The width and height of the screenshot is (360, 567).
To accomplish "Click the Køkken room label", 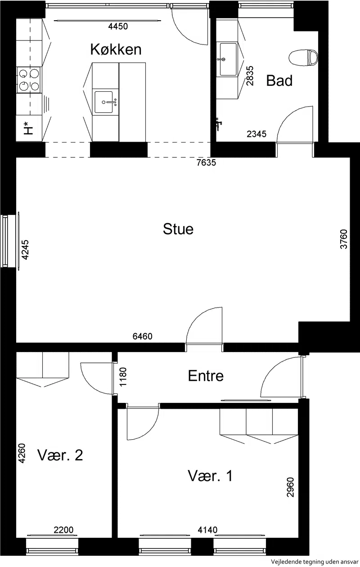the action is click(x=116, y=49).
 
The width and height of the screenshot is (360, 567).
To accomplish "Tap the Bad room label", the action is click(x=279, y=80).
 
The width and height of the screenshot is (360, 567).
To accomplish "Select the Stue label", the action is click(x=178, y=229).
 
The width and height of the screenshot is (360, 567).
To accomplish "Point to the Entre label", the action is click(x=206, y=376).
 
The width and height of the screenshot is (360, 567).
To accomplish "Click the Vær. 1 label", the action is click(x=210, y=476).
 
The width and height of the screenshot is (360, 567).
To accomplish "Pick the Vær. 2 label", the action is click(x=60, y=455).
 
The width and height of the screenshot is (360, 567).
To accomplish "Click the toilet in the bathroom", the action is click(x=303, y=58).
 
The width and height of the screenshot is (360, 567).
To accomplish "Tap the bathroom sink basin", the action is click(x=228, y=59).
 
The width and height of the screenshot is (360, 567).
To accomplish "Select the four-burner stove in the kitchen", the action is click(x=29, y=80).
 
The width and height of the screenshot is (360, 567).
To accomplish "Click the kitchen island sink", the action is click(x=104, y=102).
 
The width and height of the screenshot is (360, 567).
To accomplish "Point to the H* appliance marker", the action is click(x=28, y=128).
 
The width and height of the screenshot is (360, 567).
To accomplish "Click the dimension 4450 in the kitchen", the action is click(x=118, y=26).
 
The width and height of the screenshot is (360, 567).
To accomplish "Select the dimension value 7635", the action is click(x=206, y=162).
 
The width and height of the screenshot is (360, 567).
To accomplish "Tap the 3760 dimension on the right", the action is click(x=344, y=239).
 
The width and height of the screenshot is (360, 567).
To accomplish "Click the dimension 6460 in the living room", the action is click(x=142, y=336).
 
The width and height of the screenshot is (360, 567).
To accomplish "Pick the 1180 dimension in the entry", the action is click(x=123, y=377).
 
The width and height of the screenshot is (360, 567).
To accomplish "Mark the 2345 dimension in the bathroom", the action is click(x=256, y=134).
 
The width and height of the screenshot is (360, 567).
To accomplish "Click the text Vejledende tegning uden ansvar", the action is click(x=315, y=562).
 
